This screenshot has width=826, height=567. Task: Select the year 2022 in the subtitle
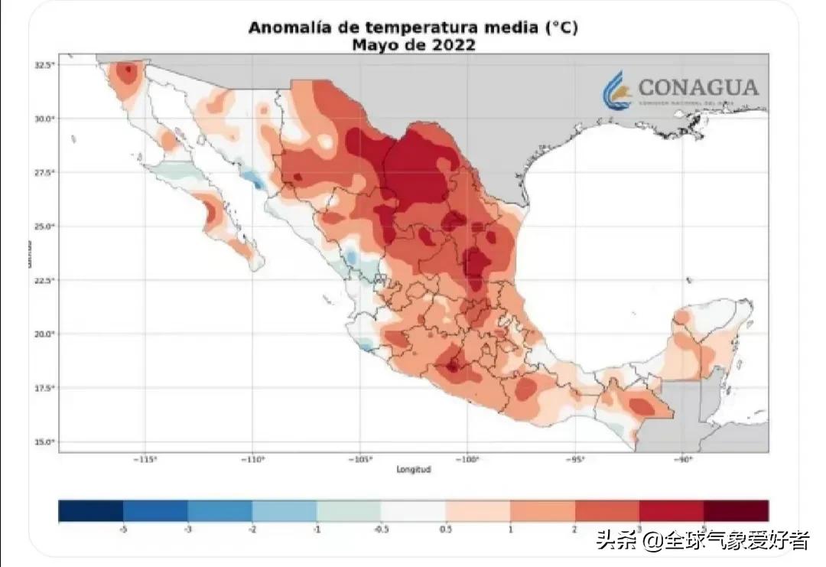453,45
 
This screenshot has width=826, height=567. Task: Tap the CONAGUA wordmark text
698,86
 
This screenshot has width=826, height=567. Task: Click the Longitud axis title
413,469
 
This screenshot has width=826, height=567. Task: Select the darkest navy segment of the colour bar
91,510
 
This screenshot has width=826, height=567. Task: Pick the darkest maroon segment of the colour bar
736,510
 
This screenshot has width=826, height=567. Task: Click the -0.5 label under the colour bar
379,529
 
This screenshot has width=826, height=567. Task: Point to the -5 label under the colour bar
122,529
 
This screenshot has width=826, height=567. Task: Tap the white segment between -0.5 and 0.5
413,510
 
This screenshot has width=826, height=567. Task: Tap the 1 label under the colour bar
510,529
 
